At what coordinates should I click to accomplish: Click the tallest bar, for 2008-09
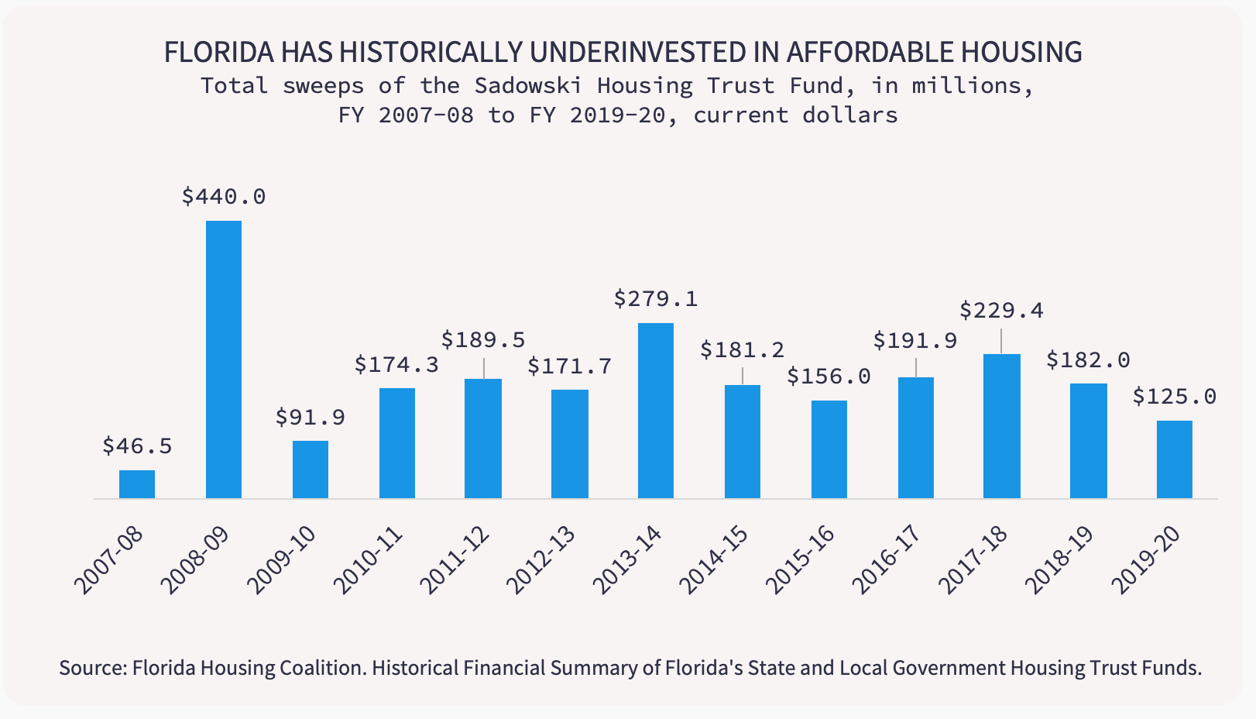(x=223, y=359)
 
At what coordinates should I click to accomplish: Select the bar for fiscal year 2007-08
(x=137, y=484)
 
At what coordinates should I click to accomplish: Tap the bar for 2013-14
(x=656, y=411)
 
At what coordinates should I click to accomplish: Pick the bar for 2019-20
(x=1174, y=459)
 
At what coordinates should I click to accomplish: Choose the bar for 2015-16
(x=829, y=449)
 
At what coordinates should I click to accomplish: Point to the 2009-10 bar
(x=311, y=470)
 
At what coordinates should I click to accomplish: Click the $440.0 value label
(x=224, y=197)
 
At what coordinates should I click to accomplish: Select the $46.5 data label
(x=137, y=446)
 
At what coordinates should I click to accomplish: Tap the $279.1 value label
(x=656, y=299)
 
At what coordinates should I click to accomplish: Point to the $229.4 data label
(x=1001, y=311)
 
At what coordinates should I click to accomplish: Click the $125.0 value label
(x=1174, y=397)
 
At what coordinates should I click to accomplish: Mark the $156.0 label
(x=829, y=377)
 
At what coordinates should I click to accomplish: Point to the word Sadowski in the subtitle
(x=527, y=85)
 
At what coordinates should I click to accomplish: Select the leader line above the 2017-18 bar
(x=1001, y=341)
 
